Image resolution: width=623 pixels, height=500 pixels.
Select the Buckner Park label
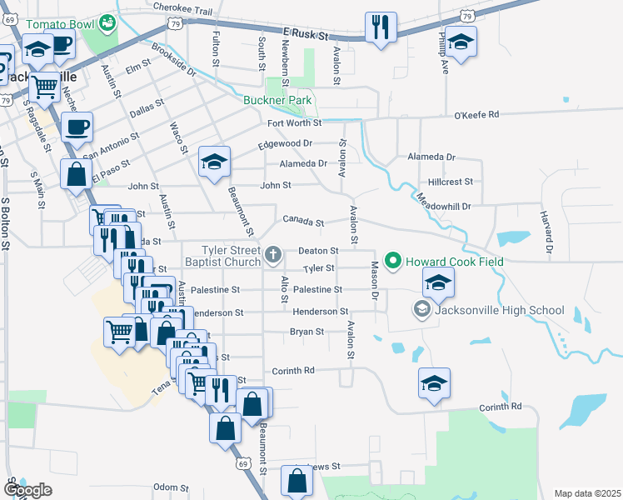(x=277, y=101)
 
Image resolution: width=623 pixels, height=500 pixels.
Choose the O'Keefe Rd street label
(x=476, y=114)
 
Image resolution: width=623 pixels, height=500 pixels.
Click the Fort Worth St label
(x=294, y=123)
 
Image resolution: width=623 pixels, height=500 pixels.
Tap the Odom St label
(x=172, y=487)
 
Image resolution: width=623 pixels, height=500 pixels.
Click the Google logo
(x=27, y=490)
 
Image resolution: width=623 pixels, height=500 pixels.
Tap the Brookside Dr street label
(x=172, y=60)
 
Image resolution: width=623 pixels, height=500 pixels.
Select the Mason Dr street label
(x=374, y=281)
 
